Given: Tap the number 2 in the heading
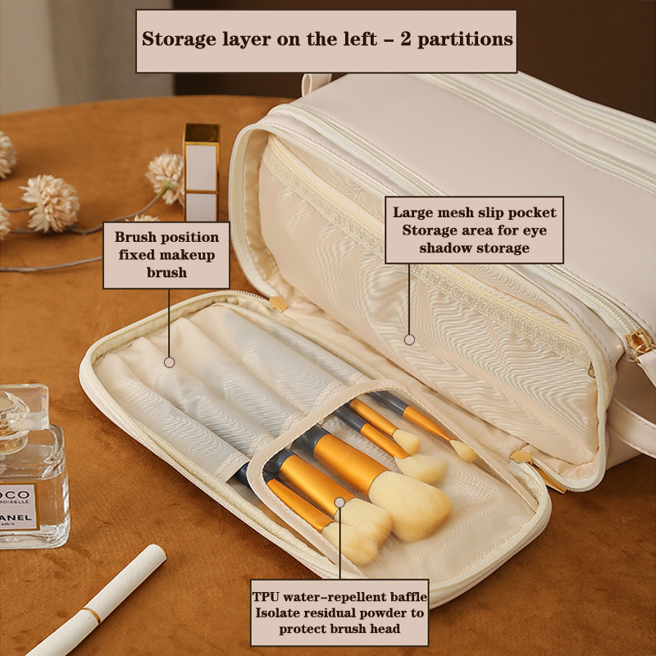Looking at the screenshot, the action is (x=405, y=39).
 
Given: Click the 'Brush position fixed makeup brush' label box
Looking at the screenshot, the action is (x=166, y=255).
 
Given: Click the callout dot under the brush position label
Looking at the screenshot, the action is (x=169, y=362).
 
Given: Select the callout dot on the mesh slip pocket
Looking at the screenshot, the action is (x=409, y=339).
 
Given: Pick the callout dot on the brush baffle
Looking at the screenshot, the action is (x=339, y=502).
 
